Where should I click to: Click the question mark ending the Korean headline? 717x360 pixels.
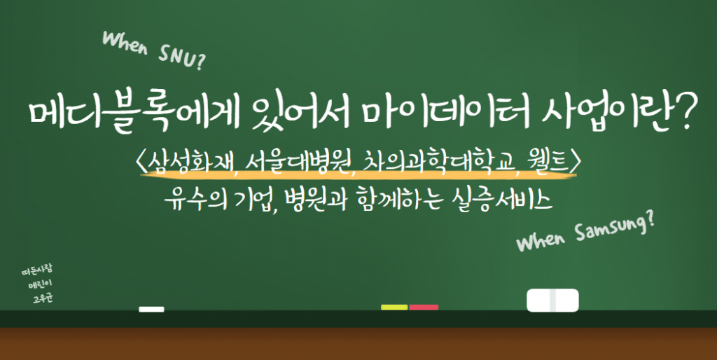677,113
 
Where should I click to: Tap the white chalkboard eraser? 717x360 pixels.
552,300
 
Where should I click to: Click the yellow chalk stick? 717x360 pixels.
394,307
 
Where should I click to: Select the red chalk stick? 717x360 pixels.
424,307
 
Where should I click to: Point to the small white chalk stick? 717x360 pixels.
151,309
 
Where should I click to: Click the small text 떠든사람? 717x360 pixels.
37,270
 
